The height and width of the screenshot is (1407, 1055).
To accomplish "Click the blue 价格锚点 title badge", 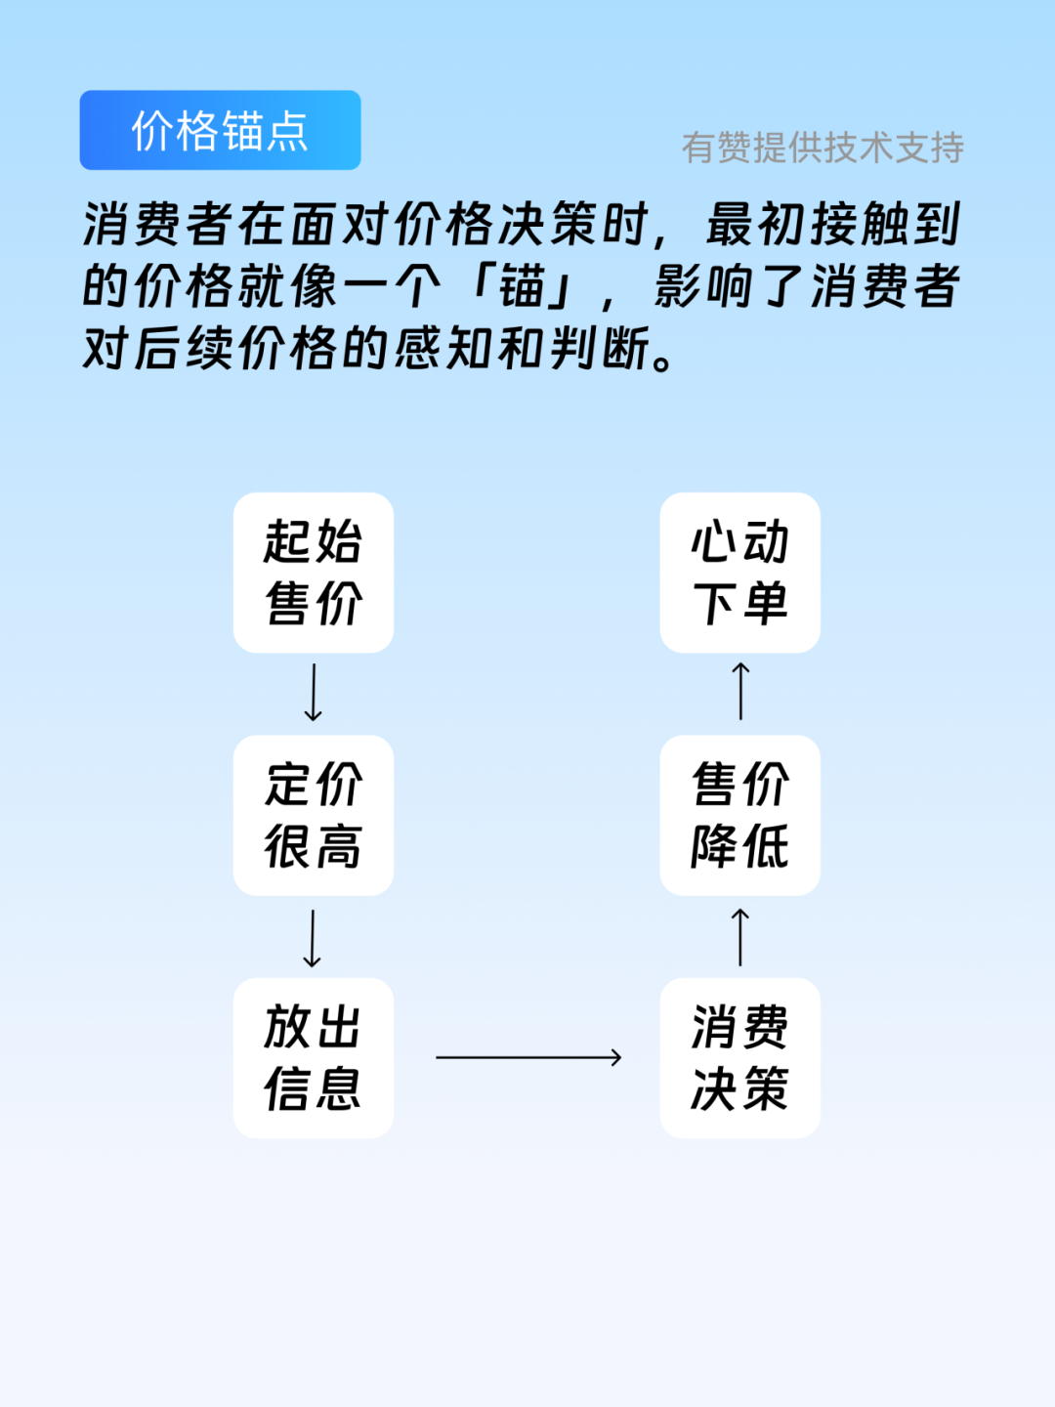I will pyautogui.click(x=220, y=130).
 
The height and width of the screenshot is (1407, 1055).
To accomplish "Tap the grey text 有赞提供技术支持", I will pyautogui.click(x=823, y=148).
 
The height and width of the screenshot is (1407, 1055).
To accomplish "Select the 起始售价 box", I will pyautogui.click(x=314, y=573).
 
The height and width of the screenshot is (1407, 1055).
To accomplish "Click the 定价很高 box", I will pyautogui.click(x=314, y=815).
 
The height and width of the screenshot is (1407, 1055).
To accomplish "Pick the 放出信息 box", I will pyautogui.click(x=314, y=1057).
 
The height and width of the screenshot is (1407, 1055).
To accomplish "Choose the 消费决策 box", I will pyautogui.click(x=739, y=1057).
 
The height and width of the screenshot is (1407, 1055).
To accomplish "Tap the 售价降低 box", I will pyautogui.click(x=739, y=815).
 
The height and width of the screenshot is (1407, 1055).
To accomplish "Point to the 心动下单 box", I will pyautogui.click(x=739, y=573).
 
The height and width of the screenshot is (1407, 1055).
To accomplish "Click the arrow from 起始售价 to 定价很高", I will pyautogui.click(x=314, y=693).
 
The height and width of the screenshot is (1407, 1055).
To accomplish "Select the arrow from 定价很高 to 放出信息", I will pyautogui.click(x=313, y=938).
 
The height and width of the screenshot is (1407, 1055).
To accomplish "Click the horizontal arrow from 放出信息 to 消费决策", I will pyautogui.click(x=528, y=1057).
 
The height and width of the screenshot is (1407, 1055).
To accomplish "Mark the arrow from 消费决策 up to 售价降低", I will pyautogui.click(x=740, y=937).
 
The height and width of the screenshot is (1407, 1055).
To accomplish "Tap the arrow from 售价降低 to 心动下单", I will pyautogui.click(x=740, y=691).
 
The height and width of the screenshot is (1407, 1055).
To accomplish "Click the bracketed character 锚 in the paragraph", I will pyautogui.click(x=521, y=287).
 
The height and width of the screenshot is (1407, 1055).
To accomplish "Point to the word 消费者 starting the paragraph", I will pyautogui.click(x=159, y=225).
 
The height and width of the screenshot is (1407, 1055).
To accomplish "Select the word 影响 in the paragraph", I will pyautogui.click(x=704, y=287).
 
